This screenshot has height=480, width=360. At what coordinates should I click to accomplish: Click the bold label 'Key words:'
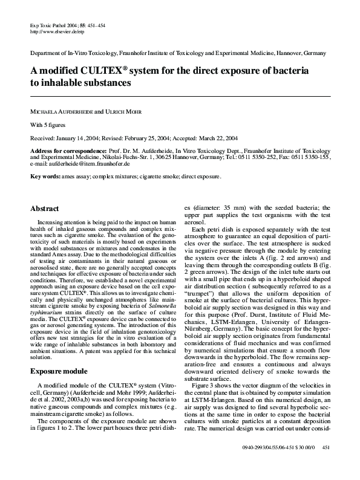pyautogui.click(x=46, y=177)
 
